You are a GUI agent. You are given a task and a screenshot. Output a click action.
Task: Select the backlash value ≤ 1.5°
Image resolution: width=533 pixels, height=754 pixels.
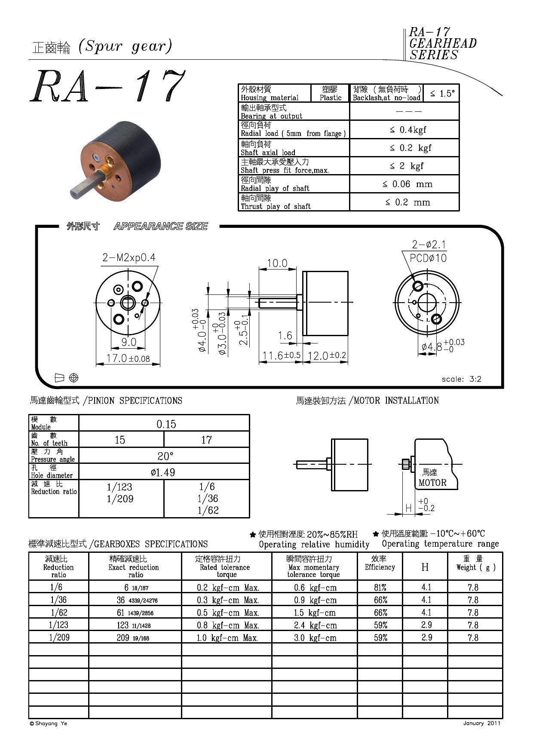click(442, 93)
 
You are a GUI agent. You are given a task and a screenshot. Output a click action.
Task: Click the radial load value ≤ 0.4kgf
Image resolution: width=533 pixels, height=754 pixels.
click(407, 129)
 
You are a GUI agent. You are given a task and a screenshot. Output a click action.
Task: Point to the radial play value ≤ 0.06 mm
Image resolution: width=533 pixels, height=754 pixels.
click(407, 184)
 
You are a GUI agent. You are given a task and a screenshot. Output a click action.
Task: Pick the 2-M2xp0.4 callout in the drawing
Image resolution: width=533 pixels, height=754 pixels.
click(129, 257)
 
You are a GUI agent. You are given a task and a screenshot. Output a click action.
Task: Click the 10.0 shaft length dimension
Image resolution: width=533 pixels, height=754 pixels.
click(277, 263)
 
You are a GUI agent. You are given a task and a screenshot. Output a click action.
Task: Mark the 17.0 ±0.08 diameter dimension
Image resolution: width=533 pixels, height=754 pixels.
click(128, 358)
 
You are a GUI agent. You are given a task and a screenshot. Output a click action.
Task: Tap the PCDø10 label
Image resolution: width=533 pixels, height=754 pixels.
click(428, 258)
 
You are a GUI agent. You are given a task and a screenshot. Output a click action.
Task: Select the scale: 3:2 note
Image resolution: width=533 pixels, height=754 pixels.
click(461, 379)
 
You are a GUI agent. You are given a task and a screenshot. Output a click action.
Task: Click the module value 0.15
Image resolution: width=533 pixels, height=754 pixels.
click(166, 424)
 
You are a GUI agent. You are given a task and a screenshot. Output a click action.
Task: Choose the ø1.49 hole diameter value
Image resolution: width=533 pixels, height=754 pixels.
click(163, 472)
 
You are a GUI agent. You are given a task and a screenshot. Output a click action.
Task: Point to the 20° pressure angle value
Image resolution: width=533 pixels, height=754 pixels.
click(165, 456)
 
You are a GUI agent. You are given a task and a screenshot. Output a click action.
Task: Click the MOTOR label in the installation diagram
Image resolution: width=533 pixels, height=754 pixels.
click(432, 483)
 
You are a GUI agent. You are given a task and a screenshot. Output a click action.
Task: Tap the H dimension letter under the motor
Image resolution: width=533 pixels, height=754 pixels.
click(408, 509)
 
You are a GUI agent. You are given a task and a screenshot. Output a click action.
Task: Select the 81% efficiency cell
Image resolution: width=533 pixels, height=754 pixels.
click(380, 588)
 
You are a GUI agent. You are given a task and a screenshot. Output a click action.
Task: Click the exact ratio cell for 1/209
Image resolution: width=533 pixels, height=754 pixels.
click(133, 638)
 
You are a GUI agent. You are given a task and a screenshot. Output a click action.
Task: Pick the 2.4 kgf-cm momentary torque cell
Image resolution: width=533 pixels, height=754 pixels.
click(315, 625)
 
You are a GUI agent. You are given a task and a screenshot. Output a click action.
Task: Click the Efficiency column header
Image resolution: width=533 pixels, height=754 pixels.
click(380, 563)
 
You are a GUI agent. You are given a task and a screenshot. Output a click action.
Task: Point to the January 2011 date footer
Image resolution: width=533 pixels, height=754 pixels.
click(481, 723)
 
